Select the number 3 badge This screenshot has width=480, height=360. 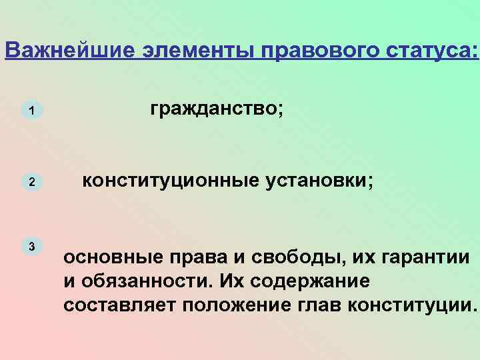click(31, 246)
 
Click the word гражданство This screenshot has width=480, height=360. click(214, 109)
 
